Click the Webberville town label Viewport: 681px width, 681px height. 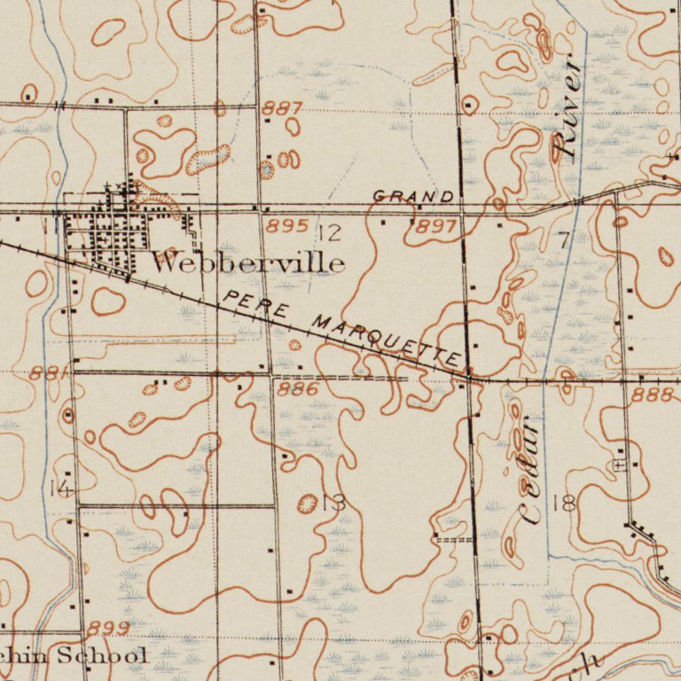pyautogui.click(x=247, y=262)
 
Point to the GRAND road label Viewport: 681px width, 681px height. pyautogui.click(x=413, y=196)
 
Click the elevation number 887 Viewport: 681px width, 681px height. pyautogui.click(x=283, y=109)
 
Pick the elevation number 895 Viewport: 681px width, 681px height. pyautogui.click(x=287, y=226)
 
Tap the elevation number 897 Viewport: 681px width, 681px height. pyautogui.click(x=436, y=227)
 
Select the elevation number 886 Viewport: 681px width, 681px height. pyautogui.click(x=298, y=389)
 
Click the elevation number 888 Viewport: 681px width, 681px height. pyautogui.click(x=652, y=395)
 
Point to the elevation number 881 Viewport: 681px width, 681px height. pyautogui.click(x=49, y=374)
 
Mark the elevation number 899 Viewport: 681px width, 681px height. pyautogui.click(x=108, y=629)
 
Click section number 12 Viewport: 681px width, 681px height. pyautogui.click(x=330, y=234)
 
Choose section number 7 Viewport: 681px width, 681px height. pyautogui.click(x=565, y=239)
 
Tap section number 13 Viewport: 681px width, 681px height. pyautogui.click(x=333, y=504)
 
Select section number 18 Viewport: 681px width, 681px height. pyautogui.click(x=564, y=504)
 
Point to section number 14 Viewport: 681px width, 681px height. pyautogui.click(x=60, y=488)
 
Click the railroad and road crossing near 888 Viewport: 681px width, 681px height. pyautogui.click(x=469, y=377)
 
